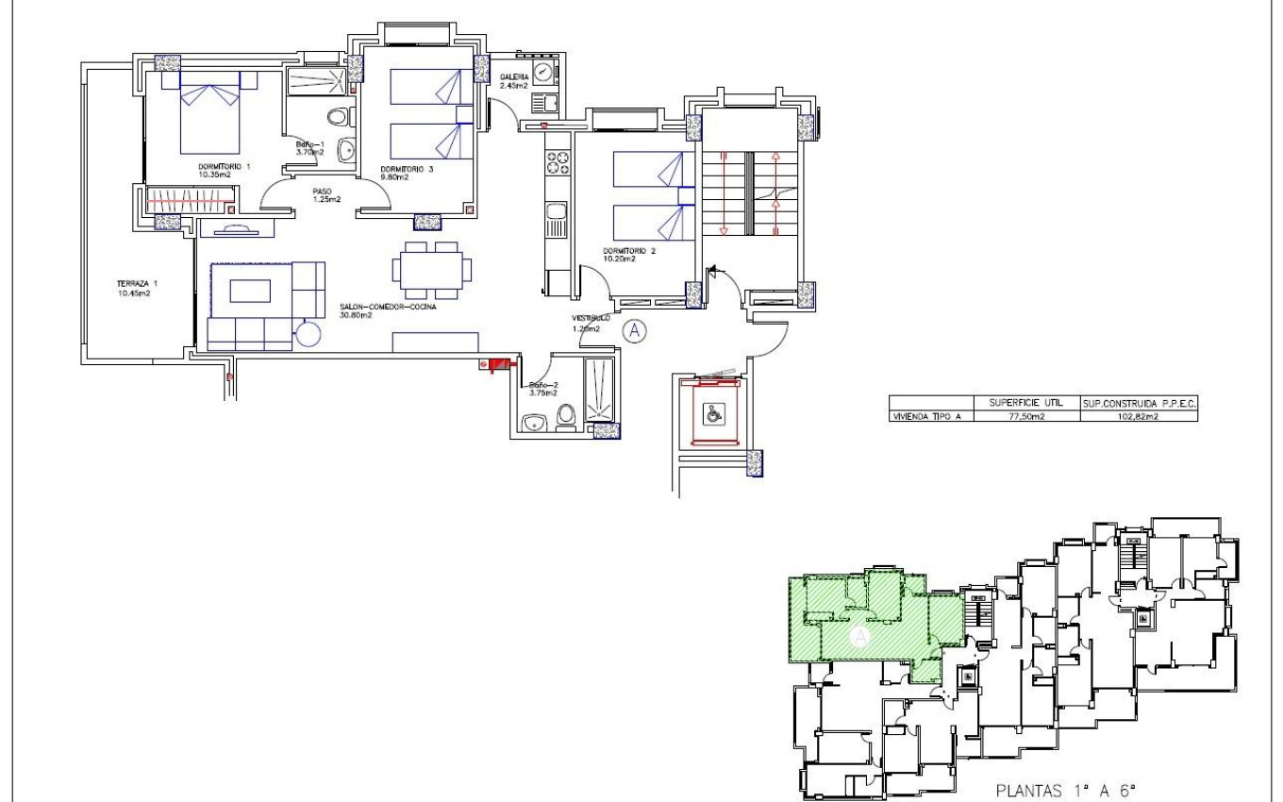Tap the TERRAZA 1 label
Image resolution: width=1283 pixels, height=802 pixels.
(x=135, y=289)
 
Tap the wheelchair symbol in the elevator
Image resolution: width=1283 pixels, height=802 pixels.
(x=715, y=412)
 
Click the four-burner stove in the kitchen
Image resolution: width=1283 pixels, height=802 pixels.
(x=557, y=162)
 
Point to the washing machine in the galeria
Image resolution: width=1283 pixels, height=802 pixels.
(x=542, y=72)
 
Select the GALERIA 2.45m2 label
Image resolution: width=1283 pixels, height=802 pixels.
(x=515, y=81)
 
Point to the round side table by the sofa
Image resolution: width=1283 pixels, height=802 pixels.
(x=308, y=334)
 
